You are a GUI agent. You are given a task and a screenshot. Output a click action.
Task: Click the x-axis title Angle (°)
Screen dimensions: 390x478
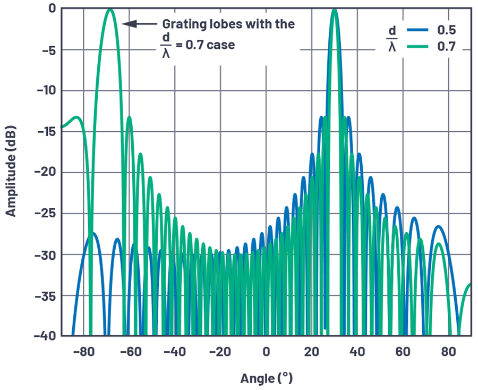[266, 378]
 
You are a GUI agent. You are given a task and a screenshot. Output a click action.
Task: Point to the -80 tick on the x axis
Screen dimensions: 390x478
[83, 351]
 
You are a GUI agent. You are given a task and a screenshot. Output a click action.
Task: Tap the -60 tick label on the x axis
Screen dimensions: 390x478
[129, 351]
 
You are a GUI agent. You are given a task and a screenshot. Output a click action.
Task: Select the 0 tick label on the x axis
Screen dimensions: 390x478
[266, 351]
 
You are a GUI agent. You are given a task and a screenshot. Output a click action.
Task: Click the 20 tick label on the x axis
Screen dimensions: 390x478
[311, 351]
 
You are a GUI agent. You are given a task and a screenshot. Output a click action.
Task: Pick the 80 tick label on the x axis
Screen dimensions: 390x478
[448, 351]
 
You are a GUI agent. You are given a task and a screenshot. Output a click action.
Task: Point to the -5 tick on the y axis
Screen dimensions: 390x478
[45, 49]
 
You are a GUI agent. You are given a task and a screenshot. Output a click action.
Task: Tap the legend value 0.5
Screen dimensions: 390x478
[447, 30]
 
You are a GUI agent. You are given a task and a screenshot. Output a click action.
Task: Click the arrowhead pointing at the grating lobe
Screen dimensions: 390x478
[126, 23]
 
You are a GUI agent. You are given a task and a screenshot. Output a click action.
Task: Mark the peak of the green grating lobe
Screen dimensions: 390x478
[110, 10]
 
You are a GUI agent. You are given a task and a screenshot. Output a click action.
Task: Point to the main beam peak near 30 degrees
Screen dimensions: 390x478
[334, 10]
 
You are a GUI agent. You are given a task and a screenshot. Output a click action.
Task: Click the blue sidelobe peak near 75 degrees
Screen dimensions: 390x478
[439, 226]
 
